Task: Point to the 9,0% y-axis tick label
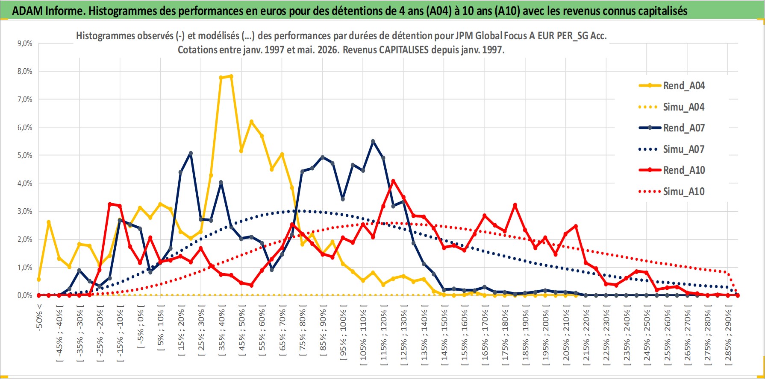pos(25,44)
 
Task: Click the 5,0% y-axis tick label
pos(25,155)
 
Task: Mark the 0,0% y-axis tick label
pos(25,295)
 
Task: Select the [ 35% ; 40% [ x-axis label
pos(221,331)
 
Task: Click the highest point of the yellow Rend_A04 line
pos(231,76)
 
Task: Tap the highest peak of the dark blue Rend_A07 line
pos(373,141)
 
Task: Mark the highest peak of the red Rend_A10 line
pos(393,181)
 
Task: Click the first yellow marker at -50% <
pos(39,280)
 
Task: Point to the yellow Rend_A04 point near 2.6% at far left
pos(49,222)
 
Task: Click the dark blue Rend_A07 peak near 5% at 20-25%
pos(191,153)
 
